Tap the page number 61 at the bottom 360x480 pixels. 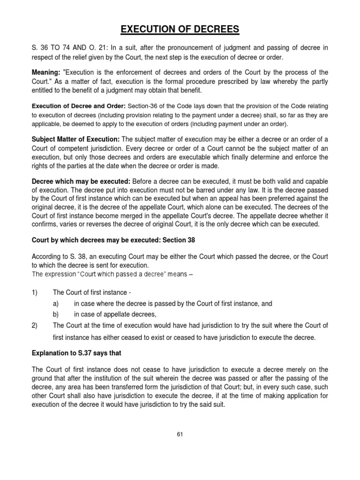(180, 434)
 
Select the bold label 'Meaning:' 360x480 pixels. (45, 73)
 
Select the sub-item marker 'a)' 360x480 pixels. (56, 304)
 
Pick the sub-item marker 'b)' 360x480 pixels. (56, 314)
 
